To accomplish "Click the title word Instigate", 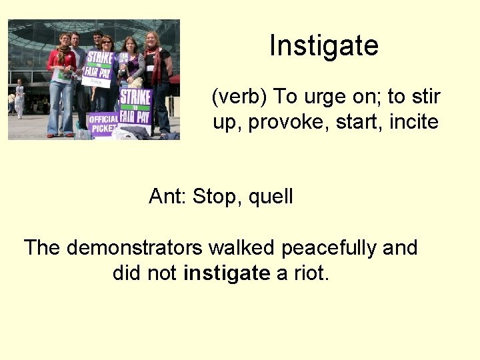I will (x=324, y=46).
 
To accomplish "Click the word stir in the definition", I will (x=427, y=97).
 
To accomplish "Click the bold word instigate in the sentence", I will (x=227, y=273).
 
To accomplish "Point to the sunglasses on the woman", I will (x=107, y=41).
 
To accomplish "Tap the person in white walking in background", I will (x=19, y=97).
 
